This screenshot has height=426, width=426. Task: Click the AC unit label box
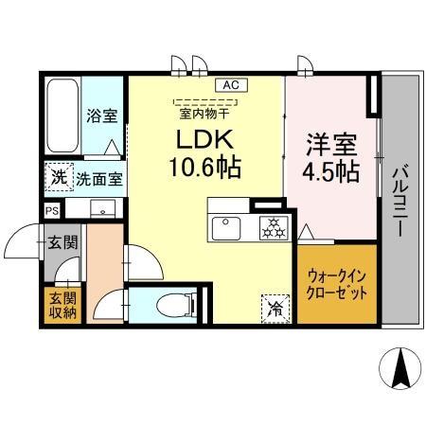(x=230, y=85)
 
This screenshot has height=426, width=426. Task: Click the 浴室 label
(x=101, y=116)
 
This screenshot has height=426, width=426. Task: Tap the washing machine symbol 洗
(x=59, y=176)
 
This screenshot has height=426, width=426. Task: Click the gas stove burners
(x=273, y=227)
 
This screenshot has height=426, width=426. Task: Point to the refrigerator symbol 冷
(x=274, y=307)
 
